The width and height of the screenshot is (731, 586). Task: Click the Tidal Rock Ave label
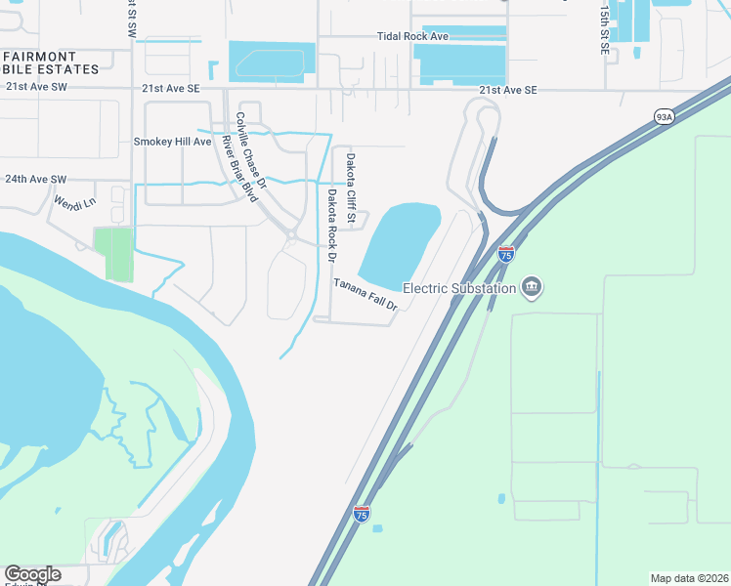click(412, 36)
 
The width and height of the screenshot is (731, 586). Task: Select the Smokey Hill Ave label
click(172, 142)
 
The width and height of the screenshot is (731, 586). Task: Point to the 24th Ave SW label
click(36, 180)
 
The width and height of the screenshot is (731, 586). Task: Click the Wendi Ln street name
click(76, 204)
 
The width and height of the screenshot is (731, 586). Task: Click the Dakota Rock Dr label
click(331, 225)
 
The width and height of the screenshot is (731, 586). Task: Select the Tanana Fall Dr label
click(366, 294)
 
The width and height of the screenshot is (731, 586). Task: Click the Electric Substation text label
click(459, 288)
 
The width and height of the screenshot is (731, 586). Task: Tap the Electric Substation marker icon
click(532, 287)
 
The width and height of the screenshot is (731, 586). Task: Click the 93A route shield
click(665, 116)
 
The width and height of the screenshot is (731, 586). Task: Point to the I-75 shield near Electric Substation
click(505, 254)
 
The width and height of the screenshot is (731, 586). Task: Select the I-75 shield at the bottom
click(362, 515)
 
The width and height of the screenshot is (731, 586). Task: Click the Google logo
click(32, 574)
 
